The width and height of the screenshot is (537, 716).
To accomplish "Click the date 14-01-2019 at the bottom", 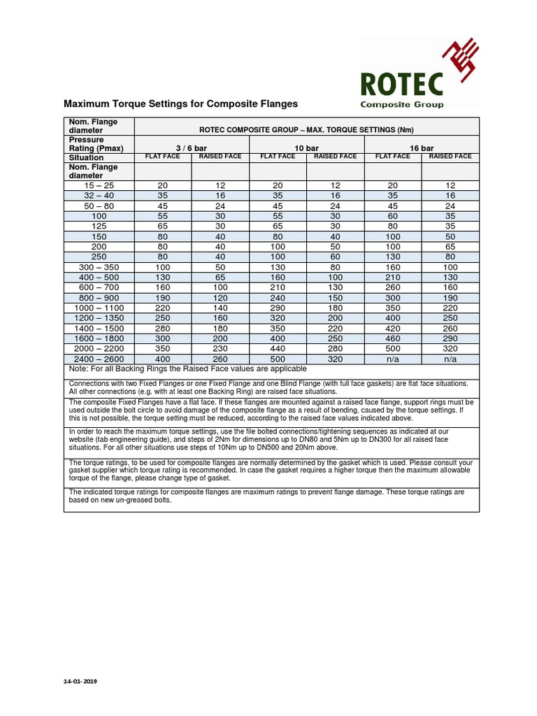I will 80,681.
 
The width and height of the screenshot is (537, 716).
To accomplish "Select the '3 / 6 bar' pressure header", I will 191,148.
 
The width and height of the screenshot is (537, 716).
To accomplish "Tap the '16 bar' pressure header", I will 422,148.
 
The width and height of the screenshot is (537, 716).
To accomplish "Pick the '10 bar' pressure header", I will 306,148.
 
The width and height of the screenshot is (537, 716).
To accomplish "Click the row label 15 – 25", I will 99,185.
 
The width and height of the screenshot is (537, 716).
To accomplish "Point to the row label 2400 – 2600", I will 99,359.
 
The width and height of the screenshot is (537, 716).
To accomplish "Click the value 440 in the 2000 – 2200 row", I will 278,348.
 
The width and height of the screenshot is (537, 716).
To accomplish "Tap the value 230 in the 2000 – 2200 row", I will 220,348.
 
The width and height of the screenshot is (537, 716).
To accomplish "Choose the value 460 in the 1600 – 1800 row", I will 393,338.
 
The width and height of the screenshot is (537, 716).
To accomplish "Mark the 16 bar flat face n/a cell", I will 393,359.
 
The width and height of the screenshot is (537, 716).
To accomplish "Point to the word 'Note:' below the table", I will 78,368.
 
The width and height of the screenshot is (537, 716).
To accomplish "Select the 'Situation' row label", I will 87,158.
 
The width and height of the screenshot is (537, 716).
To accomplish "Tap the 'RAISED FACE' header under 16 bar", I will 450,157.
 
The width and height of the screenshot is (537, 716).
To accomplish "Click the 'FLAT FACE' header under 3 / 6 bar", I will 162,157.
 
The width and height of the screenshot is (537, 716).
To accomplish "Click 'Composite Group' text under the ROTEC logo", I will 401,105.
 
